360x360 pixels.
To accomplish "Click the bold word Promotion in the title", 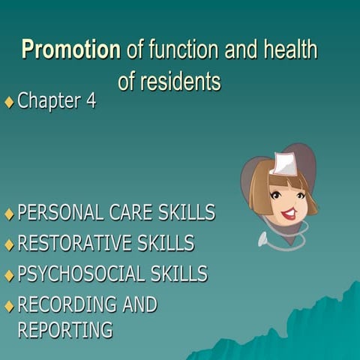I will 70,50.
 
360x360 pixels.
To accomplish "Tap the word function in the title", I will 180,50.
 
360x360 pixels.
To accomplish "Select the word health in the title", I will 289,50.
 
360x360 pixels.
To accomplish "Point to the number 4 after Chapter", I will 91,101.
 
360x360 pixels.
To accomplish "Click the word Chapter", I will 49,101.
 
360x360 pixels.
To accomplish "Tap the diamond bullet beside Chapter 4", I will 9,102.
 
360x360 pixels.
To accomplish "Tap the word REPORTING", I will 64,329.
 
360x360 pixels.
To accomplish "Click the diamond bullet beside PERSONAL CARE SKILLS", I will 9,214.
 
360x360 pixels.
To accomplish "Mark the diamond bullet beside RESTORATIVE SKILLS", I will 9,245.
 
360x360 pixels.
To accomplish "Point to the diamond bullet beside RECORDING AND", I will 9,306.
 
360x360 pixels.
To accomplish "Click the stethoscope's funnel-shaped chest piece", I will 264,241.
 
